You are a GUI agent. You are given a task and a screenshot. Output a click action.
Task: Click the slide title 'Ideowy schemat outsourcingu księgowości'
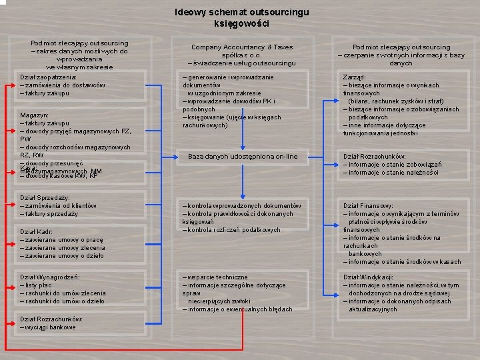point(241,17)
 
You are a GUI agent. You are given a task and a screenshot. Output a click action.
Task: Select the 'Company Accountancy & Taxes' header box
point(241,55)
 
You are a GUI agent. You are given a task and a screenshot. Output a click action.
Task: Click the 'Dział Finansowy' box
point(401,233)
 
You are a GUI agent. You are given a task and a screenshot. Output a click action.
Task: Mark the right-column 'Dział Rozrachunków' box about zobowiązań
point(401,164)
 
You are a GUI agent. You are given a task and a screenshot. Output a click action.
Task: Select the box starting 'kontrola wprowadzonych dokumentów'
point(241,217)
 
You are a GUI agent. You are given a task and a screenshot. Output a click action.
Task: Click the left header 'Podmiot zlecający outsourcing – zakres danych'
point(79,55)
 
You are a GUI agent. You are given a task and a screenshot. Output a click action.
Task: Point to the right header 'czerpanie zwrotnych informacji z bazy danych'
point(401,55)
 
